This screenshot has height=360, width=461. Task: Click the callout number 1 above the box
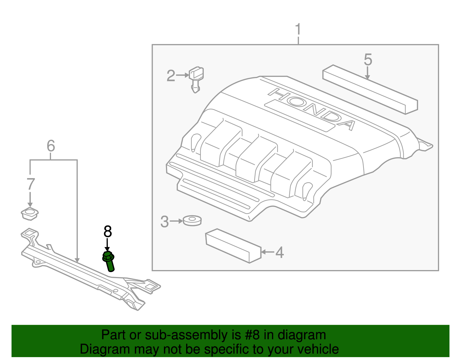pos(298,30)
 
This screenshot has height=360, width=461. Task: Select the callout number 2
pos(171,76)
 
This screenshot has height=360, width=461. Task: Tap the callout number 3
pos(165,222)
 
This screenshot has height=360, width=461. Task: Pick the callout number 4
pos(279,252)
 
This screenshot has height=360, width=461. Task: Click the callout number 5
pos(368,60)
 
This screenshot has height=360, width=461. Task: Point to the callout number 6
pos(51,146)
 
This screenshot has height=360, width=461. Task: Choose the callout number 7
pos(31,184)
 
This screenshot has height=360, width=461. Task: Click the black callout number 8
pos(107,232)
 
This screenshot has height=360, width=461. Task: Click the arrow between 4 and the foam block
pos(267,252)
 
